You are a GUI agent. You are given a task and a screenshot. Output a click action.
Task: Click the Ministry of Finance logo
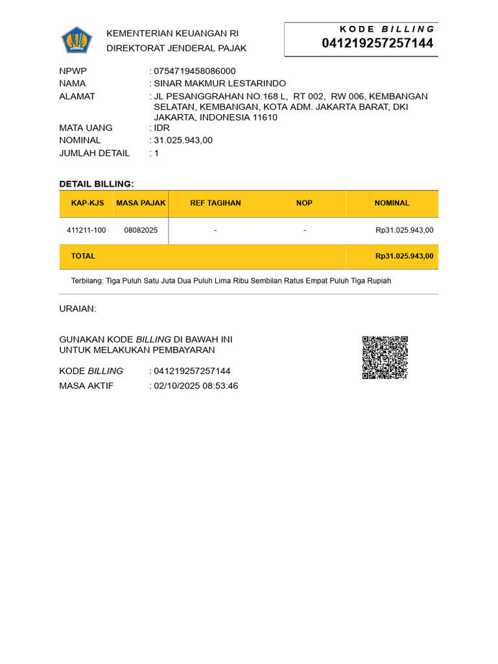coord(77,40)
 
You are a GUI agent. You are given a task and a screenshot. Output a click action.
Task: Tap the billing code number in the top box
coord(377,43)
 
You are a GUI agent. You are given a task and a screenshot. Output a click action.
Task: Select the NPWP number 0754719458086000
coord(195,71)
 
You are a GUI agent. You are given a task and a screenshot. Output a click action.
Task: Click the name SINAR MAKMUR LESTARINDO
coord(220,84)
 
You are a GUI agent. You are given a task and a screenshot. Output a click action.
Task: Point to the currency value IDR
coord(161,128)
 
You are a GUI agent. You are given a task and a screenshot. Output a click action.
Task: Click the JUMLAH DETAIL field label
coord(94,153)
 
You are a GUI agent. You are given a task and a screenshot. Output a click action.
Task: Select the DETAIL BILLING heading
coord(97,184)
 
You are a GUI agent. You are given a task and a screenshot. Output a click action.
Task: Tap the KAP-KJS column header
coord(88,203)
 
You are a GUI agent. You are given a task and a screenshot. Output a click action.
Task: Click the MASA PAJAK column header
coord(141,203)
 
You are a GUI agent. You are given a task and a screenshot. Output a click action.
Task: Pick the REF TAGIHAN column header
coord(215,203)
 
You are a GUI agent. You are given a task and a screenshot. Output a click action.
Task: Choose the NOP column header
coord(304,203)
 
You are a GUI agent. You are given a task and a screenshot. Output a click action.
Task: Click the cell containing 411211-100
coord(86,230)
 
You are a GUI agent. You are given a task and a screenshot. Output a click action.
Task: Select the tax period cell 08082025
coord(141,230)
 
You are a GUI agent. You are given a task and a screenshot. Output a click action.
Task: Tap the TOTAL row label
coord(83,256)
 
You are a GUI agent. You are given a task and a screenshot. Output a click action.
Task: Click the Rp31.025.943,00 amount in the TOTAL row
coord(404,256)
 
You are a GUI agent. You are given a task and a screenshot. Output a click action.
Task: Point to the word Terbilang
coord(86,281)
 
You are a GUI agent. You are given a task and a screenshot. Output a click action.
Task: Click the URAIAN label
coord(77,309)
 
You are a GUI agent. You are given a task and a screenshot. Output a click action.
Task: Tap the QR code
coord(385,357)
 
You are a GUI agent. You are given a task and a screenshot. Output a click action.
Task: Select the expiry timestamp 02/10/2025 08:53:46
coord(196,386)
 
